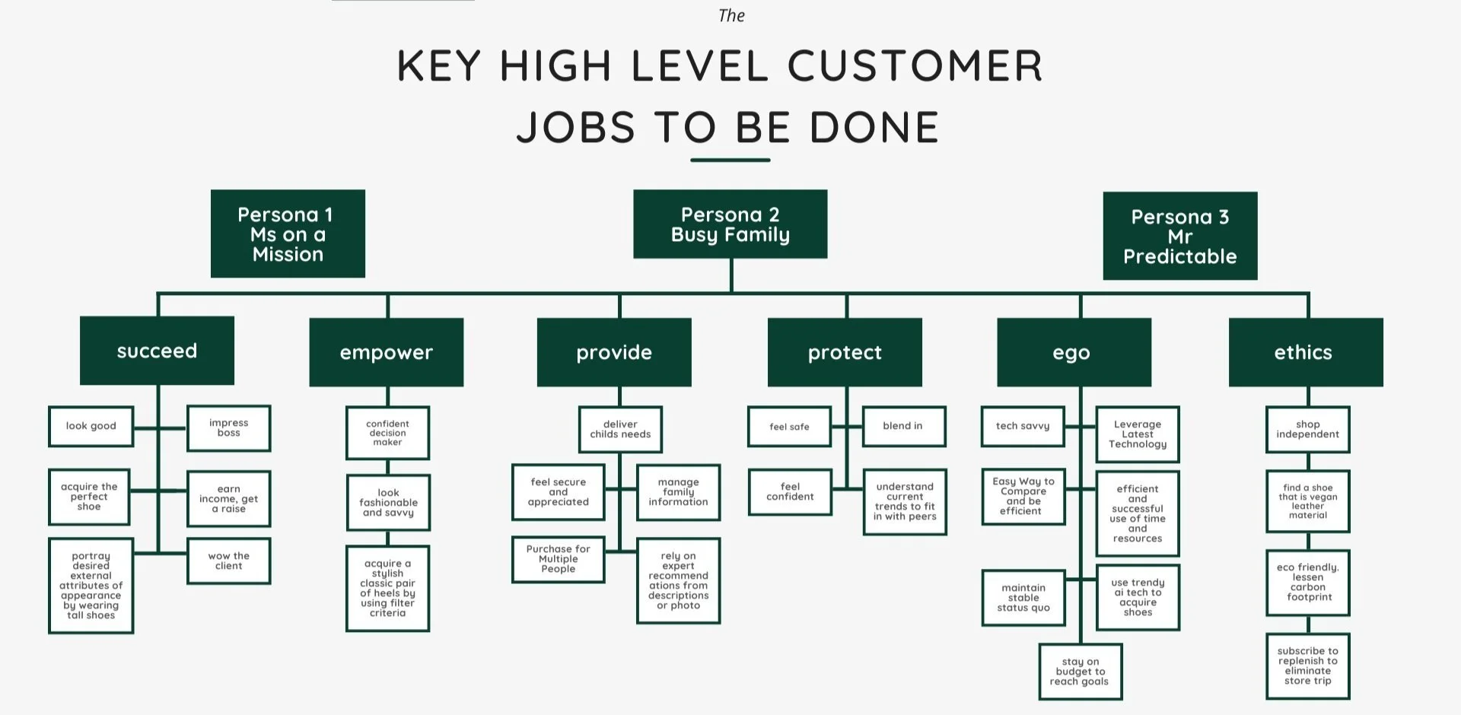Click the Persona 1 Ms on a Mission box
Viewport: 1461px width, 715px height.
tap(288, 234)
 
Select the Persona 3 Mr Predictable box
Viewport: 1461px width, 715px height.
tap(1179, 236)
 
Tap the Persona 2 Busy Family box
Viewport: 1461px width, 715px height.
tap(730, 224)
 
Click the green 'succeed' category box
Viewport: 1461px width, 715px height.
tap(157, 351)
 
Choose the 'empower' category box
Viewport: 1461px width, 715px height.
tap(386, 352)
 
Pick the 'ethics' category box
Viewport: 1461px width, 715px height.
tap(1305, 352)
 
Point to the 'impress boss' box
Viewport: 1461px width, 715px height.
tap(228, 428)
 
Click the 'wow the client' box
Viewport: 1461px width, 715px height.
tap(228, 561)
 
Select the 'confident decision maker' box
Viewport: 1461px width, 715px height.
tap(387, 433)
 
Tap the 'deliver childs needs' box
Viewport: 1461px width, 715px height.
tap(620, 430)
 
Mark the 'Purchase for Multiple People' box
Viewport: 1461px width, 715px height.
tap(558, 559)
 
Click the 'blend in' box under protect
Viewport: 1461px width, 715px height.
tap(903, 426)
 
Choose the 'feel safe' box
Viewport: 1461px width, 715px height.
tap(789, 427)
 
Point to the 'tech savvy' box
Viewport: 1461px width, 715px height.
tap(1022, 426)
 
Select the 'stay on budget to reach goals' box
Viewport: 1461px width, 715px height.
tap(1080, 672)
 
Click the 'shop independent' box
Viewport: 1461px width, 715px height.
tap(1307, 430)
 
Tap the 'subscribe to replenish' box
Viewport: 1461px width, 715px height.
tap(1307, 666)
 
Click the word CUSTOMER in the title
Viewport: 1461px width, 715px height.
tap(915, 65)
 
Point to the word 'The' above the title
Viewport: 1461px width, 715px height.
tap(731, 16)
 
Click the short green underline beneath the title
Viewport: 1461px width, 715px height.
tap(730, 160)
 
